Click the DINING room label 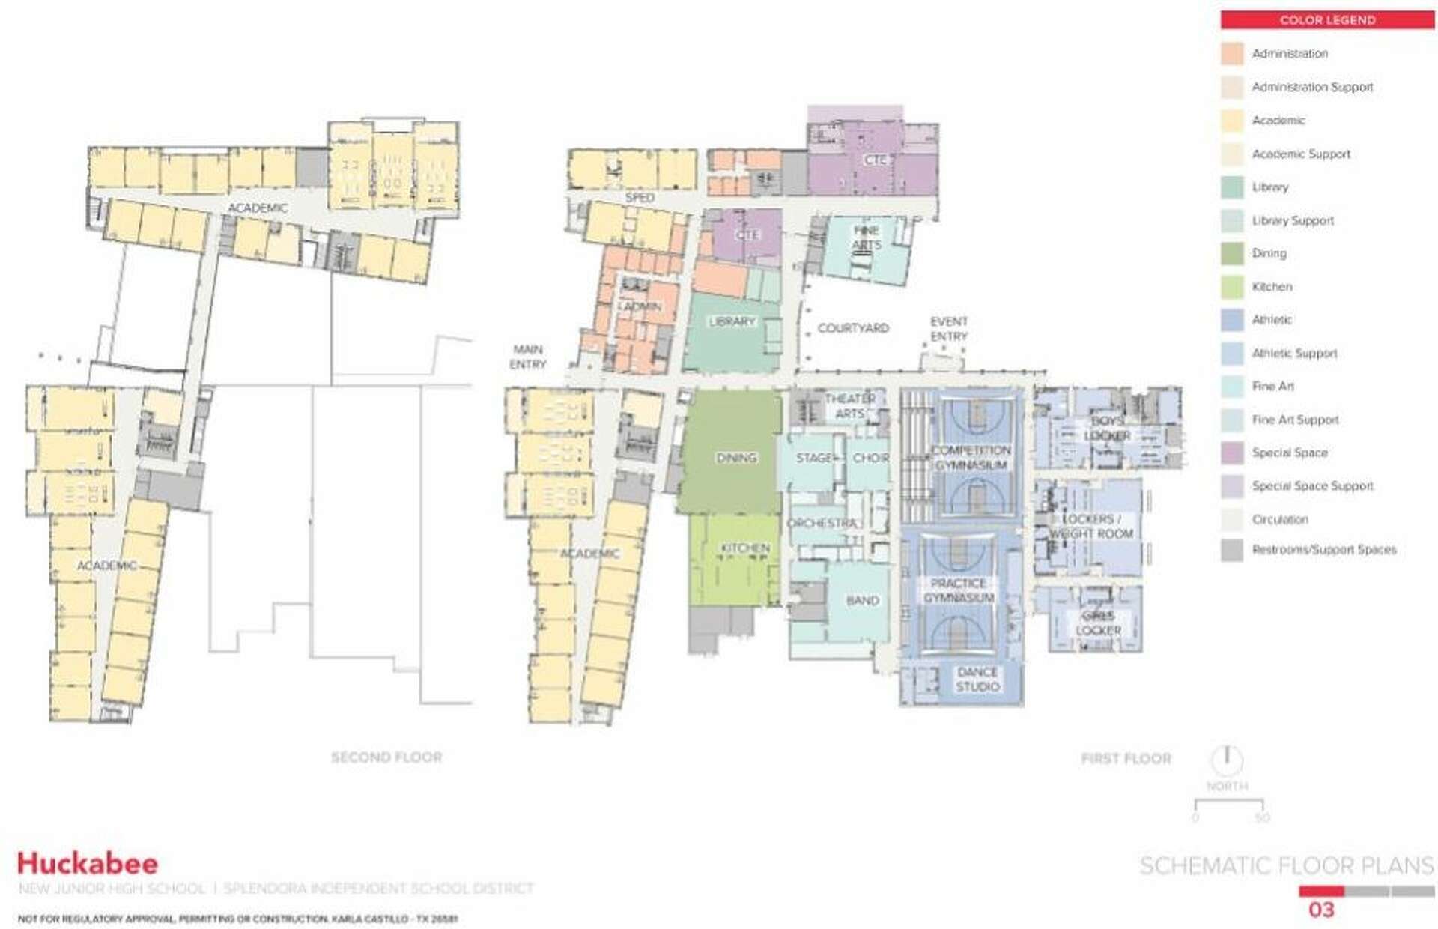pyautogui.click(x=736, y=458)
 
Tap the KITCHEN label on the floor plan pyautogui.click(x=745, y=548)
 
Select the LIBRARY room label pyautogui.click(x=732, y=321)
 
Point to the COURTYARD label pyautogui.click(x=853, y=328)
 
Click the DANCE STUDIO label pyautogui.click(x=977, y=679)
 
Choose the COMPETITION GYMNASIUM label pyautogui.click(x=971, y=458)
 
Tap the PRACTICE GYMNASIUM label pyautogui.click(x=959, y=590)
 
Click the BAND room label pyautogui.click(x=862, y=601)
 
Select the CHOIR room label pyautogui.click(x=871, y=458)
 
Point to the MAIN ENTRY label pyautogui.click(x=528, y=357)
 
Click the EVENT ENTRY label pyautogui.click(x=949, y=329)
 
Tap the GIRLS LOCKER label pyautogui.click(x=1098, y=623)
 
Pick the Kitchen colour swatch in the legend pyautogui.click(x=1232, y=286)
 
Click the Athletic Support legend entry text pyautogui.click(x=1294, y=353)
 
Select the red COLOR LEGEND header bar pyautogui.click(x=1327, y=20)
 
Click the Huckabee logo pyautogui.click(x=88, y=863)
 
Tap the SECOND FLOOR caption pyautogui.click(x=386, y=757)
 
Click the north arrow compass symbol pyautogui.click(x=1227, y=760)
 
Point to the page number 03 pyautogui.click(x=1321, y=910)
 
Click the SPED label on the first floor pyautogui.click(x=640, y=198)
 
